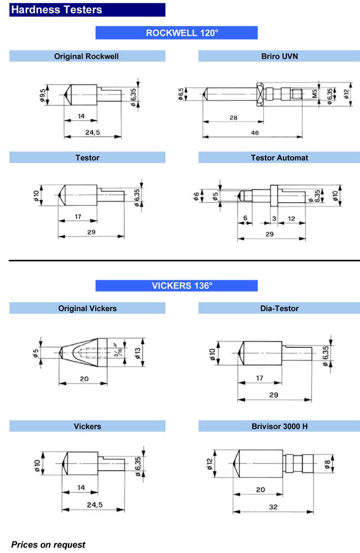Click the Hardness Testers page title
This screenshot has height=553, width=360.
coord(57,9)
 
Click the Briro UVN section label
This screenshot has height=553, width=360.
coord(280,56)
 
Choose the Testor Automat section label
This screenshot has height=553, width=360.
coord(280,158)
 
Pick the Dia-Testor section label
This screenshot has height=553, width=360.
coord(280,308)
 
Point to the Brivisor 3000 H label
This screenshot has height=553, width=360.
coord(280,426)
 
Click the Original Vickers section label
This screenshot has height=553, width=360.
coord(87,308)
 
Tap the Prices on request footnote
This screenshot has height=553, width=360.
coord(48,545)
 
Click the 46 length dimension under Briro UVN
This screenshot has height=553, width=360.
coord(255,132)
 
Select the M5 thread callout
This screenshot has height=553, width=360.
coord(315,93)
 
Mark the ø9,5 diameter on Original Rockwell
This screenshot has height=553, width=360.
coord(42,95)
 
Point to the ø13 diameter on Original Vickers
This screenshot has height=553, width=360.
coord(137,353)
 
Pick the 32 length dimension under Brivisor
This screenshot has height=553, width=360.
coord(273,507)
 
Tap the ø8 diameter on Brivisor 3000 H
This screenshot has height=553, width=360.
coord(327,464)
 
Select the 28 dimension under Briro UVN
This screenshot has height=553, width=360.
coord(233,118)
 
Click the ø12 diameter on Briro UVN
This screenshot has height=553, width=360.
coord(346,94)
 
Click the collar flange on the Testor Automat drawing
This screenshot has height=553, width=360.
coord(274,195)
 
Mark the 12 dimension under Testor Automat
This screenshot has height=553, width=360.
coord(291,218)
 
